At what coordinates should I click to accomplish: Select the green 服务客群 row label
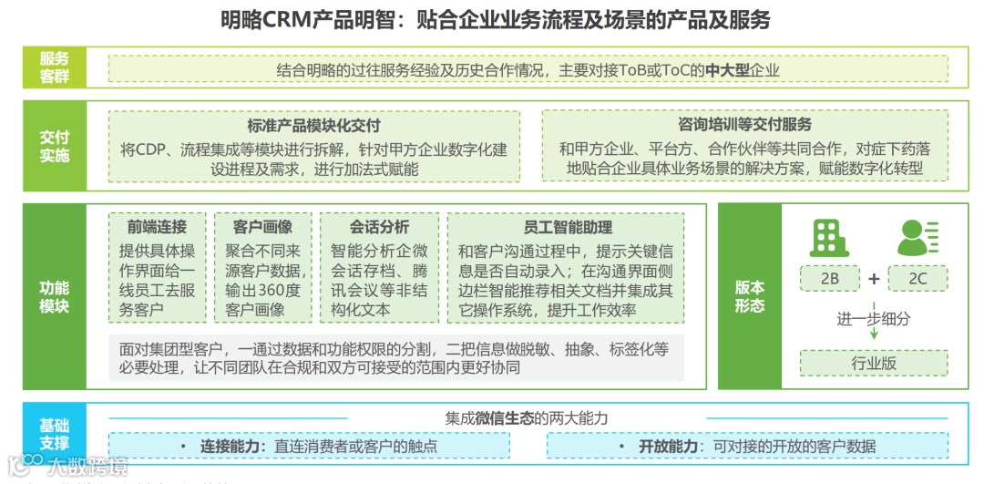click(55, 68)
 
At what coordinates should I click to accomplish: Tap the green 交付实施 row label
click(55, 146)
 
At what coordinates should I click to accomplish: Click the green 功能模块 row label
click(55, 297)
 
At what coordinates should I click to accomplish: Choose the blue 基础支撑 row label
click(55, 435)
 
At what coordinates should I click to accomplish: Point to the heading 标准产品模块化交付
click(313, 126)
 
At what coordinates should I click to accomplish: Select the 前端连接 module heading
click(157, 227)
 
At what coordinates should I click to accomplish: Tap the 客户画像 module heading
click(262, 227)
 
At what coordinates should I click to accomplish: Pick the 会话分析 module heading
click(379, 227)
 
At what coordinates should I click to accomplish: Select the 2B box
click(829, 279)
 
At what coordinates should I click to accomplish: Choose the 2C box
click(917, 279)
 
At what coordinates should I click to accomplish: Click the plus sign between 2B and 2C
click(874, 279)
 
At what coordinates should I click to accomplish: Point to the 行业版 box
click(873, 363)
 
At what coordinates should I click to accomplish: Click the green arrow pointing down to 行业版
click(874, 333)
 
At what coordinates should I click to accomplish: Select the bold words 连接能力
click(232, 447)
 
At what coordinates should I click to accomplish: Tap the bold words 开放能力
click(668, 447)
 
